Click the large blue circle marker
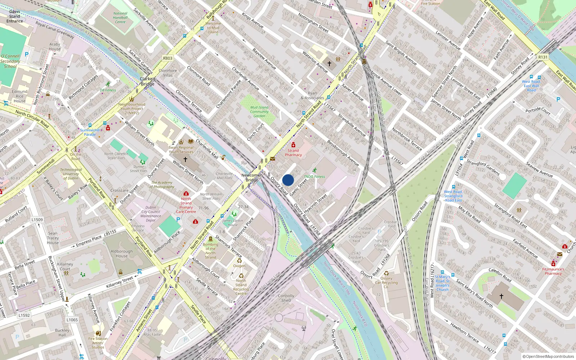[288, 180]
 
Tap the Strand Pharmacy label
[293, 153]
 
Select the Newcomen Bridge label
[252, 177]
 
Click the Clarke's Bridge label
[148, 81]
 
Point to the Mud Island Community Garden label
[259, 112]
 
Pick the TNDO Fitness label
[314, 176]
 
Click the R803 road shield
[168, 58]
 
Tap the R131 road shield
[543, 57]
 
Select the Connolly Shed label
[286, 298]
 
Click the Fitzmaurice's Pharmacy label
[553, 271]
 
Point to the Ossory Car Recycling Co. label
[386, 283]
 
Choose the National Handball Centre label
[120, 18]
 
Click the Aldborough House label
[122, 254]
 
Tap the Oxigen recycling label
[239, 266]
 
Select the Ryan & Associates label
[312, 95]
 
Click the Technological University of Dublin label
[71, 174]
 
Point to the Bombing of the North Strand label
[211, 251]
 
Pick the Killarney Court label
[65, 266]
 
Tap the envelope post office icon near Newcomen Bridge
[273, 158]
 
